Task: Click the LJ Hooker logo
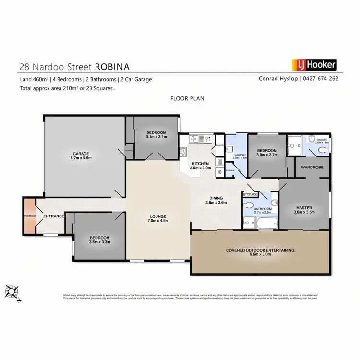click(314, 65)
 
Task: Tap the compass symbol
click(12, 292)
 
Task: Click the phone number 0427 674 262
click(322, 79)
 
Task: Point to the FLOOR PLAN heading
click(187, 98)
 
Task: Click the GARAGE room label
click(81, 154)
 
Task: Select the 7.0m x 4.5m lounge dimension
click(158, 221)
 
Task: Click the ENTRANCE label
click(54, 216)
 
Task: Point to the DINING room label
click(216, 197)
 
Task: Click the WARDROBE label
click(312, 168)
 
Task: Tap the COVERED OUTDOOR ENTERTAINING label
click(260, 250)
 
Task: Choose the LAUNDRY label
click(239, 155)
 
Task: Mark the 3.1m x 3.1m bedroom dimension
click(156, 137)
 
